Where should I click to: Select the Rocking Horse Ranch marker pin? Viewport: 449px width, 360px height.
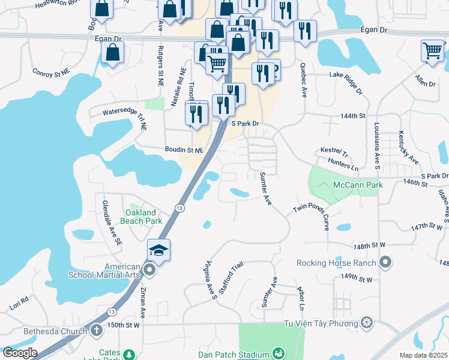point(385,262)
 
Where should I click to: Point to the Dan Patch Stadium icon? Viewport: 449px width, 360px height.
point(278,354)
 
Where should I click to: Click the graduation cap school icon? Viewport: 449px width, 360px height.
point(159,250)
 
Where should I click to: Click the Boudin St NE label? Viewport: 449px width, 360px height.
point(184,149)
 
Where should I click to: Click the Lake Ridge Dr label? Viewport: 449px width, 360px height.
point(346,82)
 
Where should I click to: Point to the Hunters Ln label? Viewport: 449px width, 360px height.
point(343,165)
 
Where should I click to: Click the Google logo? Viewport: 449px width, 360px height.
point(19,353)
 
